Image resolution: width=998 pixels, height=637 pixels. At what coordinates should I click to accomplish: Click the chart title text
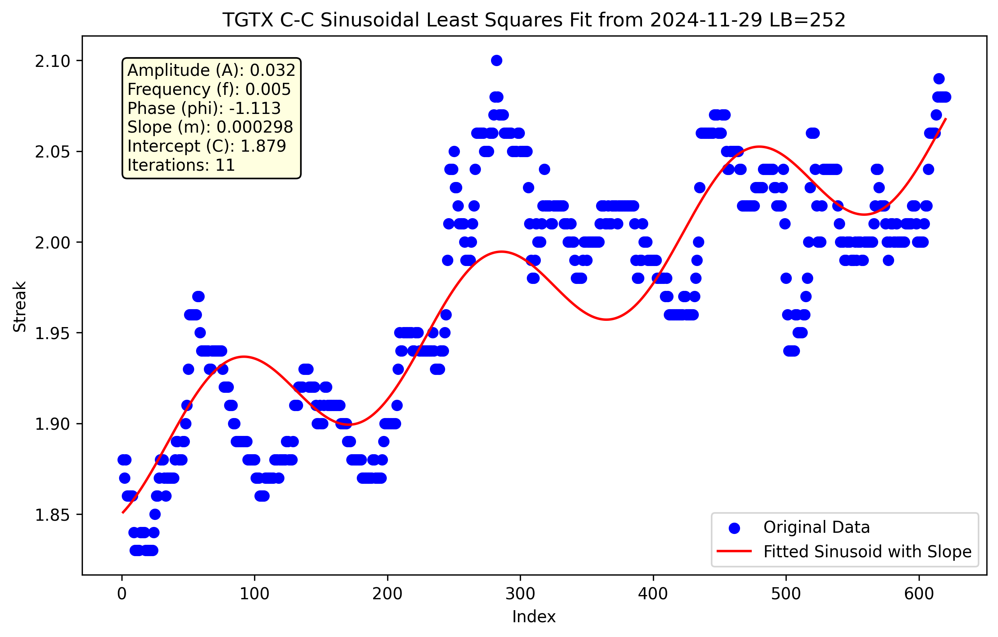coord(534,20)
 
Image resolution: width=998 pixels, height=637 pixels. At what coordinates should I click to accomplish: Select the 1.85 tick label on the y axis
coord(53,515)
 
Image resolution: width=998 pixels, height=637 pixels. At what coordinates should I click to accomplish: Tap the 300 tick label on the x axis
coord(520,594)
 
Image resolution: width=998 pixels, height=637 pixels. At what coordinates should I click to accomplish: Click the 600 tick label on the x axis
coord(919,594)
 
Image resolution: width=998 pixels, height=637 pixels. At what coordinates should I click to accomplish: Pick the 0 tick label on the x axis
coord(122,594)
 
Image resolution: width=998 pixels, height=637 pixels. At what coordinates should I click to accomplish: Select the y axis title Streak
coord(19,306)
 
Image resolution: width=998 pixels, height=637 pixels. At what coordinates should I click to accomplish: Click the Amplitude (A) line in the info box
coord(211,70)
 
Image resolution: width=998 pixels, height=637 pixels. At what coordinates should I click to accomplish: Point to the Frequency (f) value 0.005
coord(268,89)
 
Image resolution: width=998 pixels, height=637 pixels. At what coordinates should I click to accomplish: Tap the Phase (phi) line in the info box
coord(204,108)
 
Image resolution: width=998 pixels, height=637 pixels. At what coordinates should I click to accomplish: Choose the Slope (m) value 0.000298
coord(255,127)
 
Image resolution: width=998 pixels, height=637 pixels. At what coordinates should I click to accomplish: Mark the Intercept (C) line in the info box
coord(206,146)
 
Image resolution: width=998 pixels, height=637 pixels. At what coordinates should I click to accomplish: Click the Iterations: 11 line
coord(181,165)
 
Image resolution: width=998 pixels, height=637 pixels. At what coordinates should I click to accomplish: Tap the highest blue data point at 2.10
coord(496,60)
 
